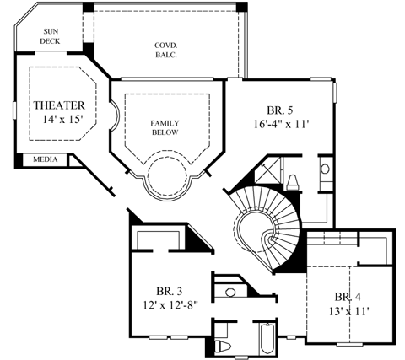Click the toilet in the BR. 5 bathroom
[293, 180]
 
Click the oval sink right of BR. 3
[230, 293]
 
